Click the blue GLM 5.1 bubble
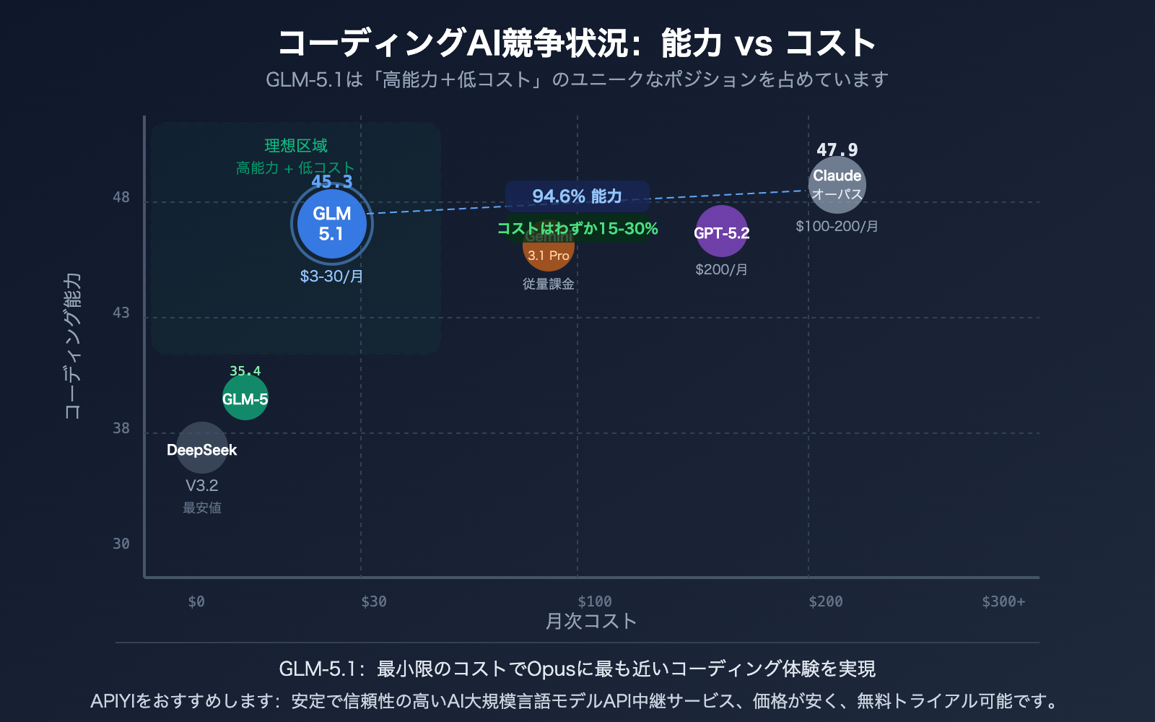tap(331, 225)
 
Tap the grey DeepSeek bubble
tap(201, 448)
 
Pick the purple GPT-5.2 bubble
tap(721, 232)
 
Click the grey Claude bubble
tap(837, 184)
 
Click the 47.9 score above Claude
tap(837, 150)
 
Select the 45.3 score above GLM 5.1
tap(331, 182)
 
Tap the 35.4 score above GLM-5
tap(245, 371)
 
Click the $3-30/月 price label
tap(331, 277)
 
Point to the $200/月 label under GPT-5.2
tap(721, 270)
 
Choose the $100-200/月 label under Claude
tap(837, 227)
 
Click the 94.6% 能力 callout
tap(577, 196)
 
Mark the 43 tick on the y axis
tap(121, 313)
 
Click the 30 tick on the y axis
tap(121, 544)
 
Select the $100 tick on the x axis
tap(594, 601)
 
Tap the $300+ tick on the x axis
tap(1003, 601)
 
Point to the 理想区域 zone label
tap(296, 146)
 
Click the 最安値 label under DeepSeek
tap(201, 508)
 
